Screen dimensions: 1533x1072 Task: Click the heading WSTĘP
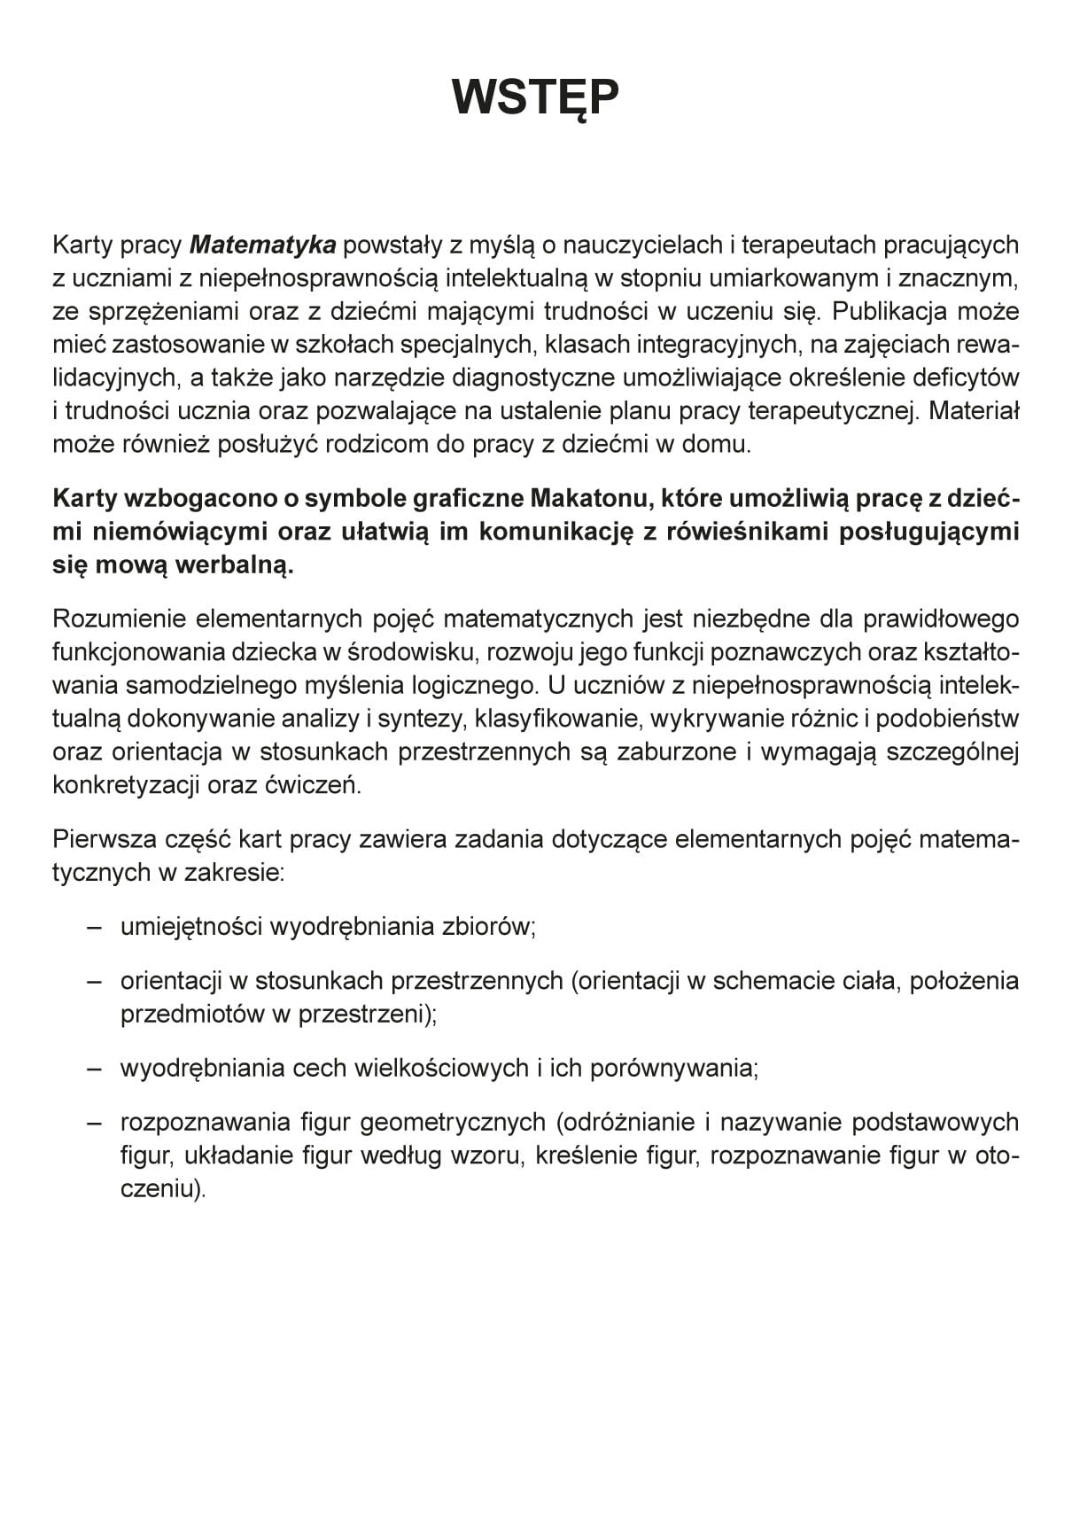tap(535, 97)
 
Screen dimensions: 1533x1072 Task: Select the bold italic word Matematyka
tap(263, 245)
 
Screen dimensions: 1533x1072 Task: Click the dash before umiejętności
tap(95, 927)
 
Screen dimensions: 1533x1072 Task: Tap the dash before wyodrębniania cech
tap(95, 1069)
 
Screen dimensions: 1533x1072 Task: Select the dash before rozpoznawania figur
tap(95, 1123)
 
